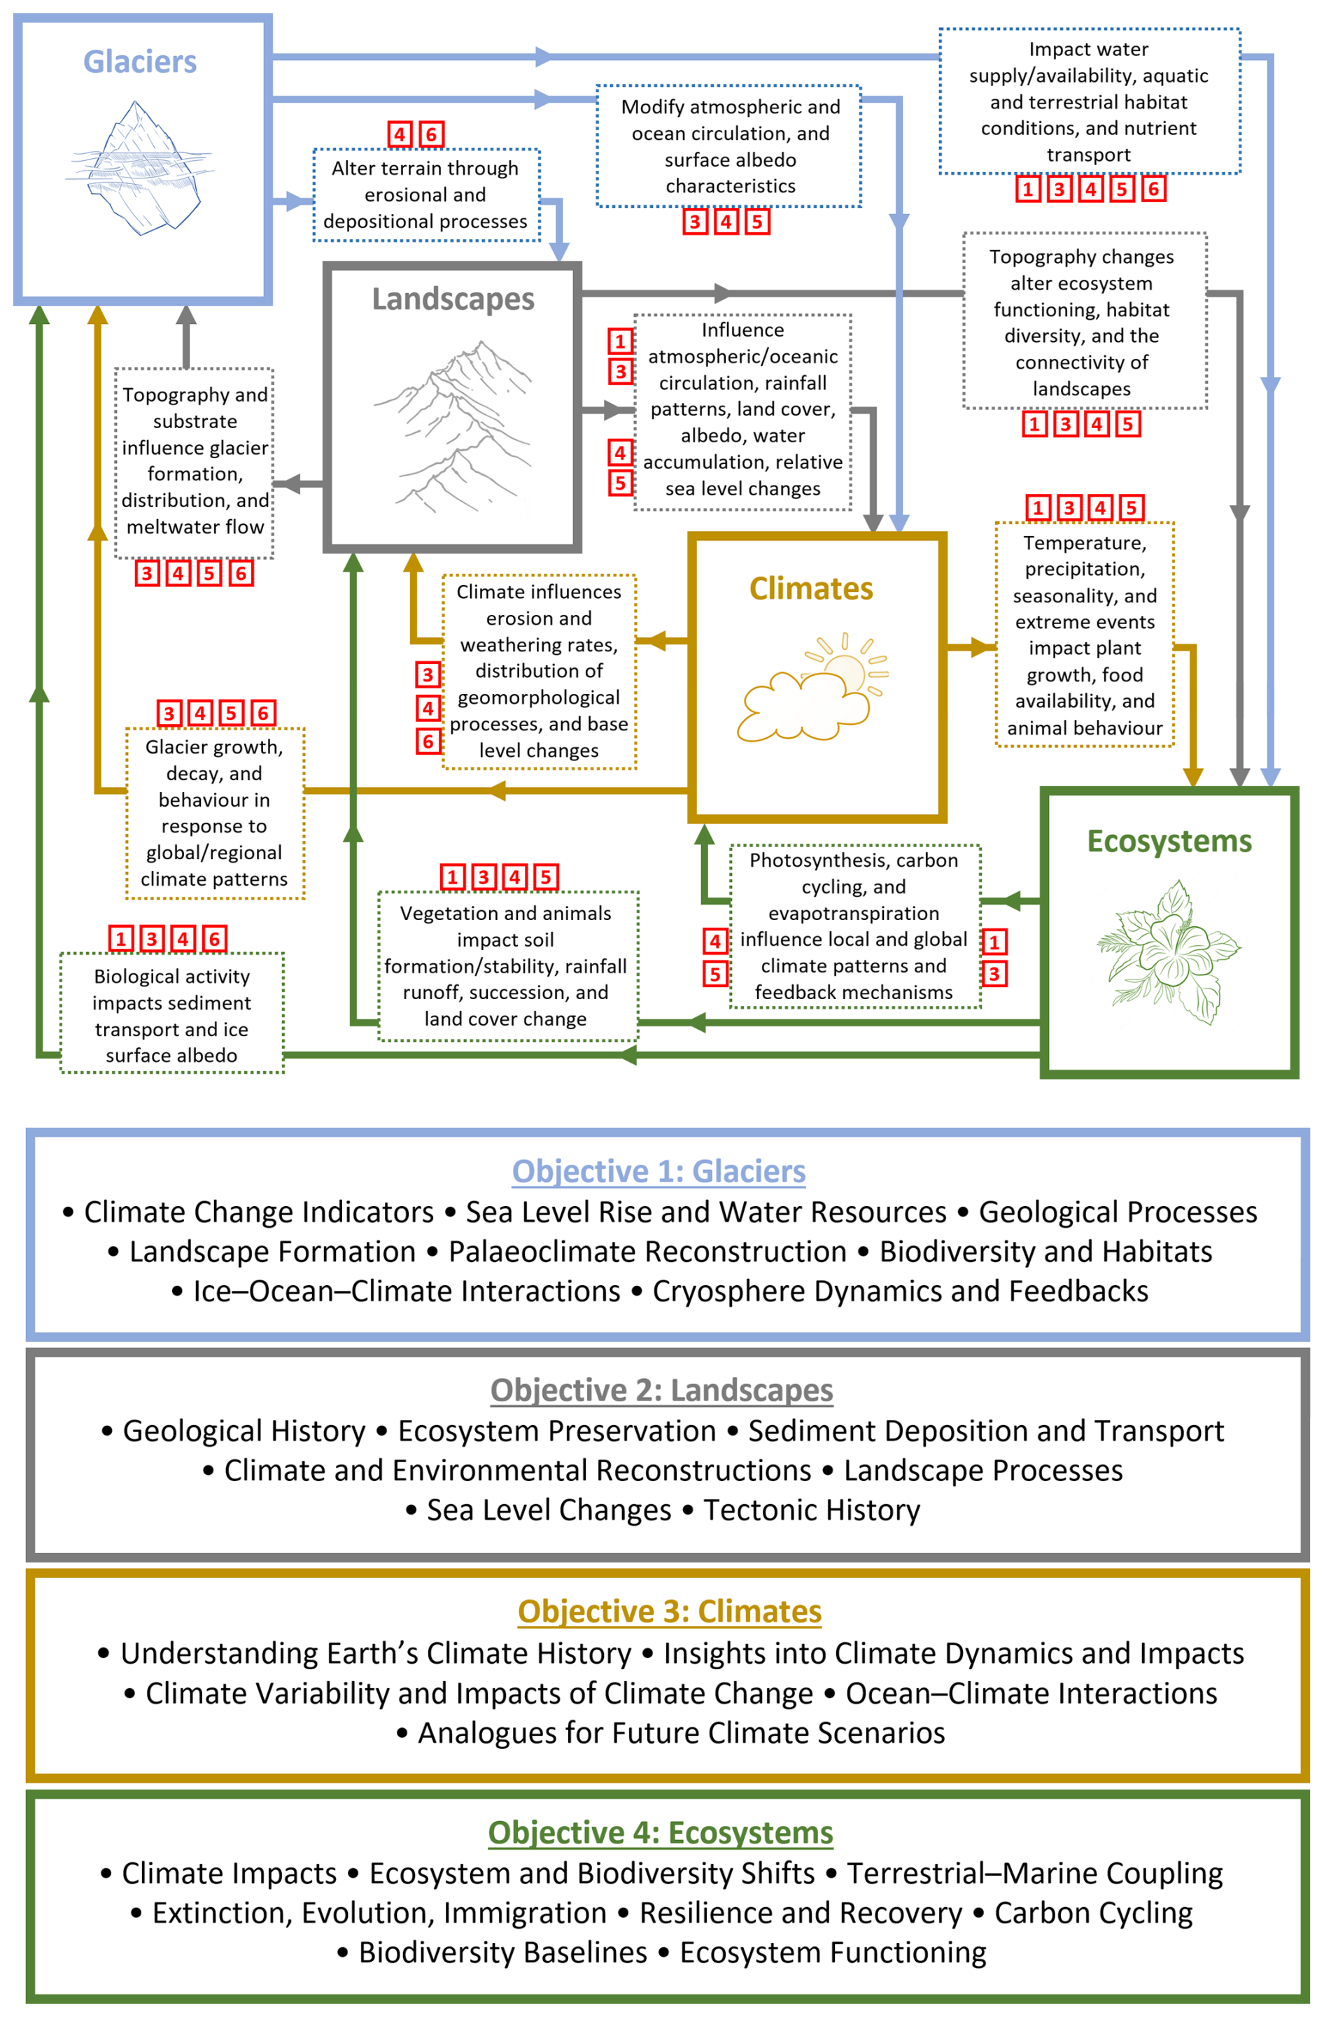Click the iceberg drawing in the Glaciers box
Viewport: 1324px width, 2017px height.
(x=138, y=168)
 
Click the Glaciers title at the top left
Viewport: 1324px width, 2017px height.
(x=140, y=62)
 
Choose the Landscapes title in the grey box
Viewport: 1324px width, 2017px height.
(x=453, y=299)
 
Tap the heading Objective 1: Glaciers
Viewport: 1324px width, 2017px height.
(x=659, y=1171)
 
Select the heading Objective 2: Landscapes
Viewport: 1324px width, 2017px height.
(x=661, y=1390)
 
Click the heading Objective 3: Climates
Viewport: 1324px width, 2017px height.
(x=670, y=1611)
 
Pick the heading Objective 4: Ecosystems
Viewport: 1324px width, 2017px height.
(x=661, y=1832)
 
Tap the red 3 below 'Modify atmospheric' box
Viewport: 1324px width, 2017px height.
(x=695, y=222)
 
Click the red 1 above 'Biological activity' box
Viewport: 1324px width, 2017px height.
(x=121, y=939)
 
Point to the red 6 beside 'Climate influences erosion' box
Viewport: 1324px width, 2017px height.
(x=428, y=742)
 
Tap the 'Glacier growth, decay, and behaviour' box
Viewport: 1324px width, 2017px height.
(x=214, y=813)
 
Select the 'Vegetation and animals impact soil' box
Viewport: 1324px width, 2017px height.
(x=507, y=966)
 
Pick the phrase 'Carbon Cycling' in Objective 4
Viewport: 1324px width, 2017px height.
(x=1094, y=1913)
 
